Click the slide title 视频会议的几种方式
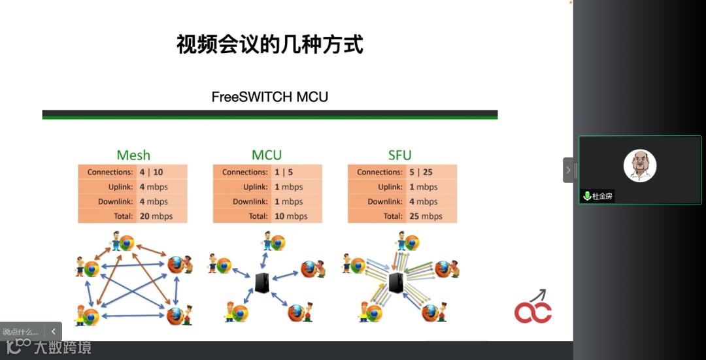point(270,44)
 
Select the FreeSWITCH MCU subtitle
point(269,97)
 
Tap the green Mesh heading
point(133,155)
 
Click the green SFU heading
point(399,155)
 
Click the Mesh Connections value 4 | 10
point(151,172)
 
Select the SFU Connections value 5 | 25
point(421,172)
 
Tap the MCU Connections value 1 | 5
point(284,172)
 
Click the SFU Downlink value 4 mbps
point(423,202)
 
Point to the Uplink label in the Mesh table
point(119,187)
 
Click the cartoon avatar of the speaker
point(639,166)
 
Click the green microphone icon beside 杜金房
point(587,196)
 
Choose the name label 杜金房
point(603,196)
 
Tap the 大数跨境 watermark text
point(63,347)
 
